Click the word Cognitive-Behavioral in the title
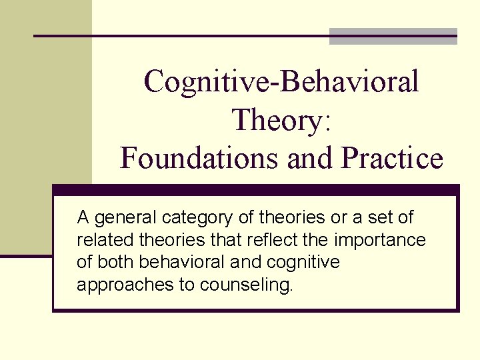click(x=281, y=82)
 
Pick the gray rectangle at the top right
click(x=393, y=36)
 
